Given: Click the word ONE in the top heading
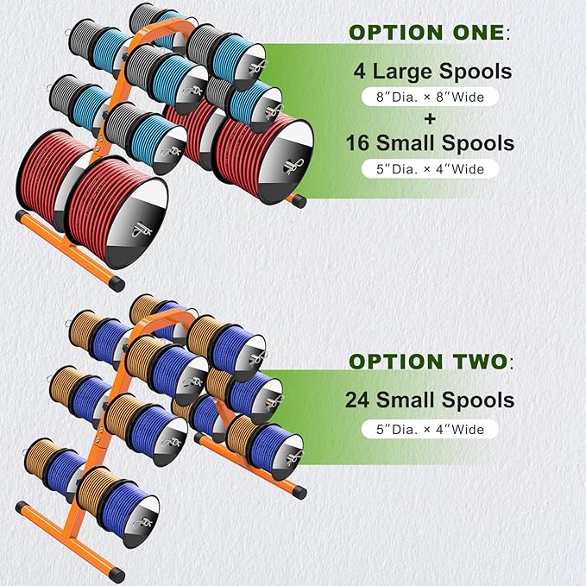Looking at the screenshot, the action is pos(479,33).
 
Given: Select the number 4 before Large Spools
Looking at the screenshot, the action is pos(360,71).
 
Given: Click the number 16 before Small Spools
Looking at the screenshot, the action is pos(358,143).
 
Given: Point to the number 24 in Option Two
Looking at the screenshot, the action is pos(358,400).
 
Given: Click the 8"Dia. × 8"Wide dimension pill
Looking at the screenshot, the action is pos(430,98).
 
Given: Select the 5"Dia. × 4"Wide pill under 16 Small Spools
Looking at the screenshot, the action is pos(430,169).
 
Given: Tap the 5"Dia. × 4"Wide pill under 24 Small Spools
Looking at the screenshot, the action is pos(430,429).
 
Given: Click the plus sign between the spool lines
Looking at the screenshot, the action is pos(430,119).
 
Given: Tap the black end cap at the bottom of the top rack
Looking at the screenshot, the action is pos(117,284).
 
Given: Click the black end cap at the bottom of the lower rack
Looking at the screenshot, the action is pos(117,575).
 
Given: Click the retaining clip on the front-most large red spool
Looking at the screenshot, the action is pos(142,230).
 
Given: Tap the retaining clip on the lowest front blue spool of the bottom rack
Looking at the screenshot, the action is pos(142,522).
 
